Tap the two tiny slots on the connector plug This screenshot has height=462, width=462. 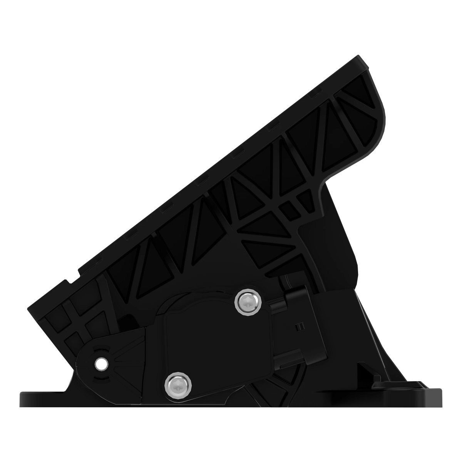click(x=297, y=327)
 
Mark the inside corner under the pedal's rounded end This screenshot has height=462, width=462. click(x=321, y=185)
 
